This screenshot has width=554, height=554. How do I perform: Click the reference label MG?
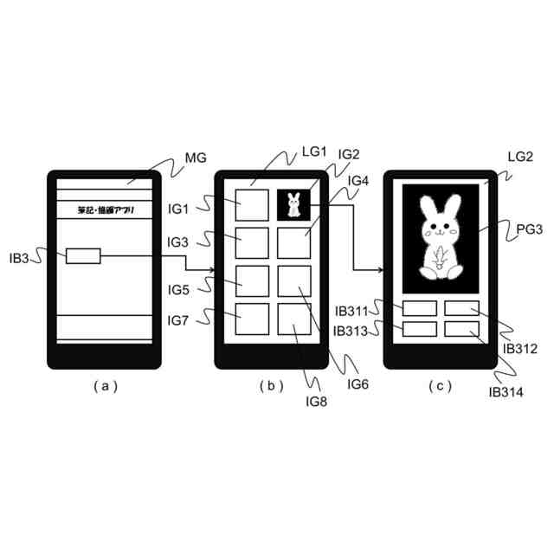(x=196, y=158)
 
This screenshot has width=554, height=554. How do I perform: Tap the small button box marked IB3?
(x=82, y=255)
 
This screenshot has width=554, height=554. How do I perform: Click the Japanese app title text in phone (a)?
(x=106, y=210)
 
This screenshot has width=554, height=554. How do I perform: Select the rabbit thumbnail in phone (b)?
(x=293, y=205)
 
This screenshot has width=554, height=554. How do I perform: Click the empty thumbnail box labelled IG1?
(x=252, y=206)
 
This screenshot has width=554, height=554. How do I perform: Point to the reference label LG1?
(x=313, y=152)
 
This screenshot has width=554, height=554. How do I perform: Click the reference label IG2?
(x=349, y=155)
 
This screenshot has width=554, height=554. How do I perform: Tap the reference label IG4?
(x=358, y=181)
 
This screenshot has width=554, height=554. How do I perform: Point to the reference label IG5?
(x=180, y=289)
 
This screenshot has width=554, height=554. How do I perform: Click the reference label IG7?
(x=180, y=321)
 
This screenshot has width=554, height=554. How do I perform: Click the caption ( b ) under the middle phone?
(x=271, y=387)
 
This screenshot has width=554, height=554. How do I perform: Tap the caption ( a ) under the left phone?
(x=105, y=387)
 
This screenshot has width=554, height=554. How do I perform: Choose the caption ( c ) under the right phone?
(x=441, y=387)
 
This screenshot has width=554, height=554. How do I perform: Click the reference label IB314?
(x=508, y=392)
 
